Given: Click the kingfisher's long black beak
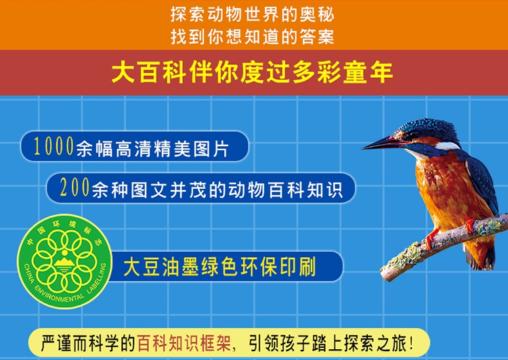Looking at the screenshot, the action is (383, 143).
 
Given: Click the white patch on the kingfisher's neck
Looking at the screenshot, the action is (447, 146).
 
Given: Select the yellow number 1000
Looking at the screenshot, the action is (54, 146).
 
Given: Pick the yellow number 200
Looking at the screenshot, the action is (75, 187).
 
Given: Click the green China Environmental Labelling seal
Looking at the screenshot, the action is (65, 261).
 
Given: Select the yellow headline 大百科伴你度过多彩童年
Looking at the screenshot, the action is (253, 72).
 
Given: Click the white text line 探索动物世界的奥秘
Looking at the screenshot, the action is (253, 15).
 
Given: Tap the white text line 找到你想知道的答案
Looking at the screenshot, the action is (253, 37).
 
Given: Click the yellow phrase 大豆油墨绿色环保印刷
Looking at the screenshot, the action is (219, 267).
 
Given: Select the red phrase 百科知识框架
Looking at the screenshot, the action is (184, 343).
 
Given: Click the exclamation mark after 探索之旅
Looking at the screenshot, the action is (411, 343).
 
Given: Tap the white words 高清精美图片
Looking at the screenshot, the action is (172, 149).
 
